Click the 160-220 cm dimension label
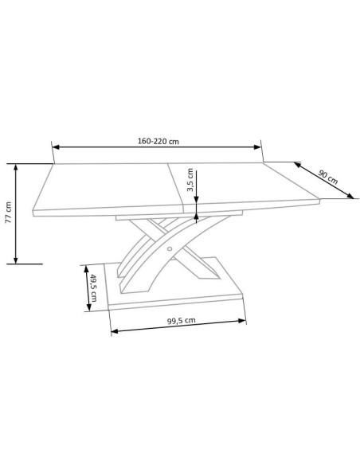158,141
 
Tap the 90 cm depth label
328,177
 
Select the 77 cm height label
8,213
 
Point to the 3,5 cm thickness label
190,180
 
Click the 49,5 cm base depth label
93,288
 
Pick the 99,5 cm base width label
181,321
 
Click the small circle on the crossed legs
170,248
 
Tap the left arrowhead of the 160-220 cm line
56,147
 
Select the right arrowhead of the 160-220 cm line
257,147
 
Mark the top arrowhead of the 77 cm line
16,167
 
